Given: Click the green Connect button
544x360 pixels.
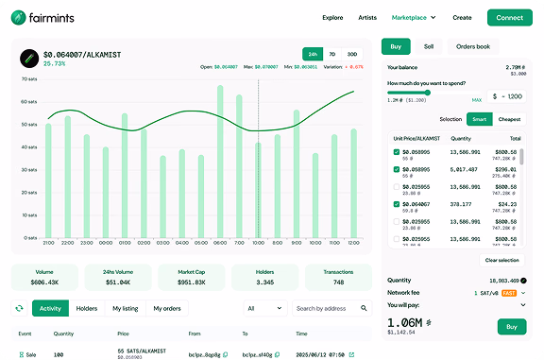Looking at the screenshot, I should point(509,17).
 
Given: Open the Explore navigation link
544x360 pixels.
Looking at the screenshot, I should point(332,17).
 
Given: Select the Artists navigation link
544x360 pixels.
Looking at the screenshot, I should point(367,17).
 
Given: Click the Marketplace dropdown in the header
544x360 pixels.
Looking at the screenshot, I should point(414,17).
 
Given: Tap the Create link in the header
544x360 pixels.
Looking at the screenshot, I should point(462,17).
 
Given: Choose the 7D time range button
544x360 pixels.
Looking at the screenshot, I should point(332,54).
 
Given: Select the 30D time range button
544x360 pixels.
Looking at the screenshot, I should point(352,54).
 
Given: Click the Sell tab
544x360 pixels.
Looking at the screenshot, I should point(429,46).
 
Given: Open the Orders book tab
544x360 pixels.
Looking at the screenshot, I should point(473,46).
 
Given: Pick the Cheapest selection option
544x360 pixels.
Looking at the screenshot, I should point(509,119).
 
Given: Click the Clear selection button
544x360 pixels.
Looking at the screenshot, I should point(501,260).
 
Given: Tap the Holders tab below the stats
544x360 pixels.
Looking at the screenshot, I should point(87,308).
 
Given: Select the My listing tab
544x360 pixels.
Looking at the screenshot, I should point(124,308).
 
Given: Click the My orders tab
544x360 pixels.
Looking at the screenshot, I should point(167,308).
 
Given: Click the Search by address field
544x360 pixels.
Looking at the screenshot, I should point(331,308).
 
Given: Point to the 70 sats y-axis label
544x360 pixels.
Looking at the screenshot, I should point(28,78).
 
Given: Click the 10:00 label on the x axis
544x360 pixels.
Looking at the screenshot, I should point(258,243).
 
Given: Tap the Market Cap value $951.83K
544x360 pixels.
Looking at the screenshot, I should point(193,282).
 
